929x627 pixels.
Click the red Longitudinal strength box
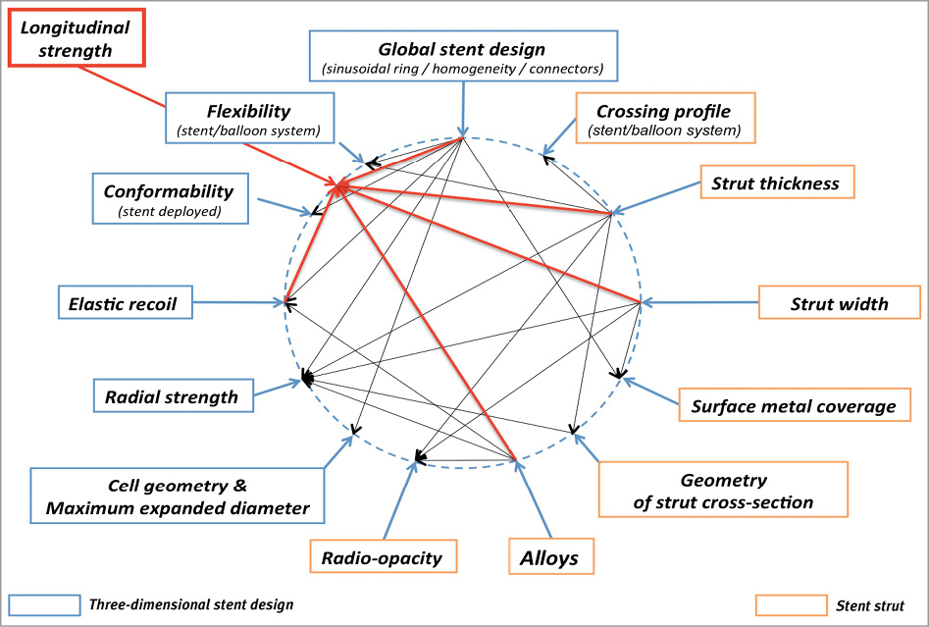click(77, 38)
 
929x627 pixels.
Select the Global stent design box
click(463, 55)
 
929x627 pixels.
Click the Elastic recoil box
click(125, 302)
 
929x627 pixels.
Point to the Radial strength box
click(172, 396)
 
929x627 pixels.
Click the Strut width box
click(839, 302)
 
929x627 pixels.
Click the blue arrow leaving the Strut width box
click(699, 302)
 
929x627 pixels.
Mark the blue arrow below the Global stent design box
click(463, 108)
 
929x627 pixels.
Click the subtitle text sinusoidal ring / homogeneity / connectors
click(463, 70)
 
